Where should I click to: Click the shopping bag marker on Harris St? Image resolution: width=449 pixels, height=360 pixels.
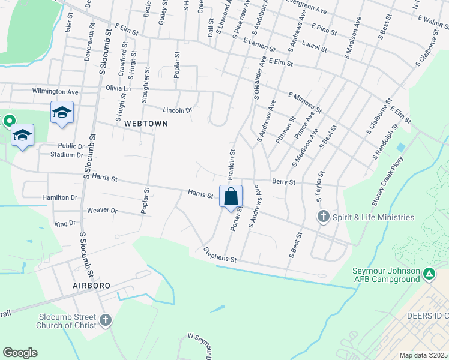[231, 197]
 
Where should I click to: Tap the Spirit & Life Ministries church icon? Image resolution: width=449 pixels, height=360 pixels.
[323, 217]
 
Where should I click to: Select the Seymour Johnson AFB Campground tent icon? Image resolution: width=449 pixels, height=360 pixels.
[429, 274]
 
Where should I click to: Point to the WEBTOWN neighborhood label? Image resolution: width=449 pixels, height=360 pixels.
[146, 123]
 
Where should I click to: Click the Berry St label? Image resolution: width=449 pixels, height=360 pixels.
[283, 181]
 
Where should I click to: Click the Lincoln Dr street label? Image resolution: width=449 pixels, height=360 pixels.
[177, 110]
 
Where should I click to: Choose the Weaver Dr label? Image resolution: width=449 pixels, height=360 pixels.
[102, 211]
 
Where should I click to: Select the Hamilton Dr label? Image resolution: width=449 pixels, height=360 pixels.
[60, 197]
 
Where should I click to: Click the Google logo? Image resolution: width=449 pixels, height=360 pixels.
[20, 353]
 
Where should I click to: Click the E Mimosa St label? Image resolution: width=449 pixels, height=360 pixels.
[304, 102]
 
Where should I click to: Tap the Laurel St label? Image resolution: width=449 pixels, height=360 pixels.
[315, 44]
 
